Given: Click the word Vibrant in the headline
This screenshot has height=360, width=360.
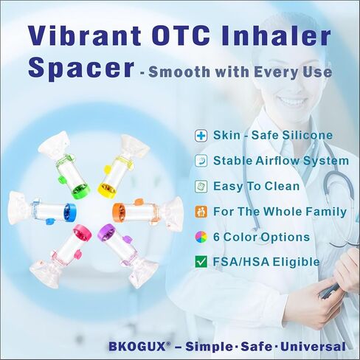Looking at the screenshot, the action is (x=84, y=35).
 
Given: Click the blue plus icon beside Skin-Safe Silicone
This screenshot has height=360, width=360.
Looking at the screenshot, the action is (x=201, y=136).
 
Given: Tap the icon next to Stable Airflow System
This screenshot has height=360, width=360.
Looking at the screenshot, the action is (x=201, y=161).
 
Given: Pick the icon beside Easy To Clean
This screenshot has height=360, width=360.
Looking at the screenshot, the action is (x=201, y=187).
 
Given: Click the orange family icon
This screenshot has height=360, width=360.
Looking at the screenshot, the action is (x=201, y=212).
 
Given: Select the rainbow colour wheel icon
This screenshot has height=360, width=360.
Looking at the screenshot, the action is (x=201, y=237).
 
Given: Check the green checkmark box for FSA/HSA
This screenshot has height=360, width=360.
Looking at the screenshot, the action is (x=201, y=262).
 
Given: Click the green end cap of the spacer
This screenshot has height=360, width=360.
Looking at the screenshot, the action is (x=81, y=191).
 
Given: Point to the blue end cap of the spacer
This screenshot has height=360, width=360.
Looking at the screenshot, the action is (x=70, y=212).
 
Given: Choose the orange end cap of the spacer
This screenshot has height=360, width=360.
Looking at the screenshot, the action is (x=119, y=212).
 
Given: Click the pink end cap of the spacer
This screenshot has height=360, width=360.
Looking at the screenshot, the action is (x=82, y=232).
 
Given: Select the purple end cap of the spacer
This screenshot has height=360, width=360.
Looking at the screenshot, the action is (x=107, y=232).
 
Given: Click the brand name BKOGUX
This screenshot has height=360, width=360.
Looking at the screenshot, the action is (x=137, y=347).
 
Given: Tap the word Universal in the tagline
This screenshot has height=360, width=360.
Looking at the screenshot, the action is (x=313, y=347).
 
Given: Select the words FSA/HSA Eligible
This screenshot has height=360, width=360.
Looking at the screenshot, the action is (x=266, y=262).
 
